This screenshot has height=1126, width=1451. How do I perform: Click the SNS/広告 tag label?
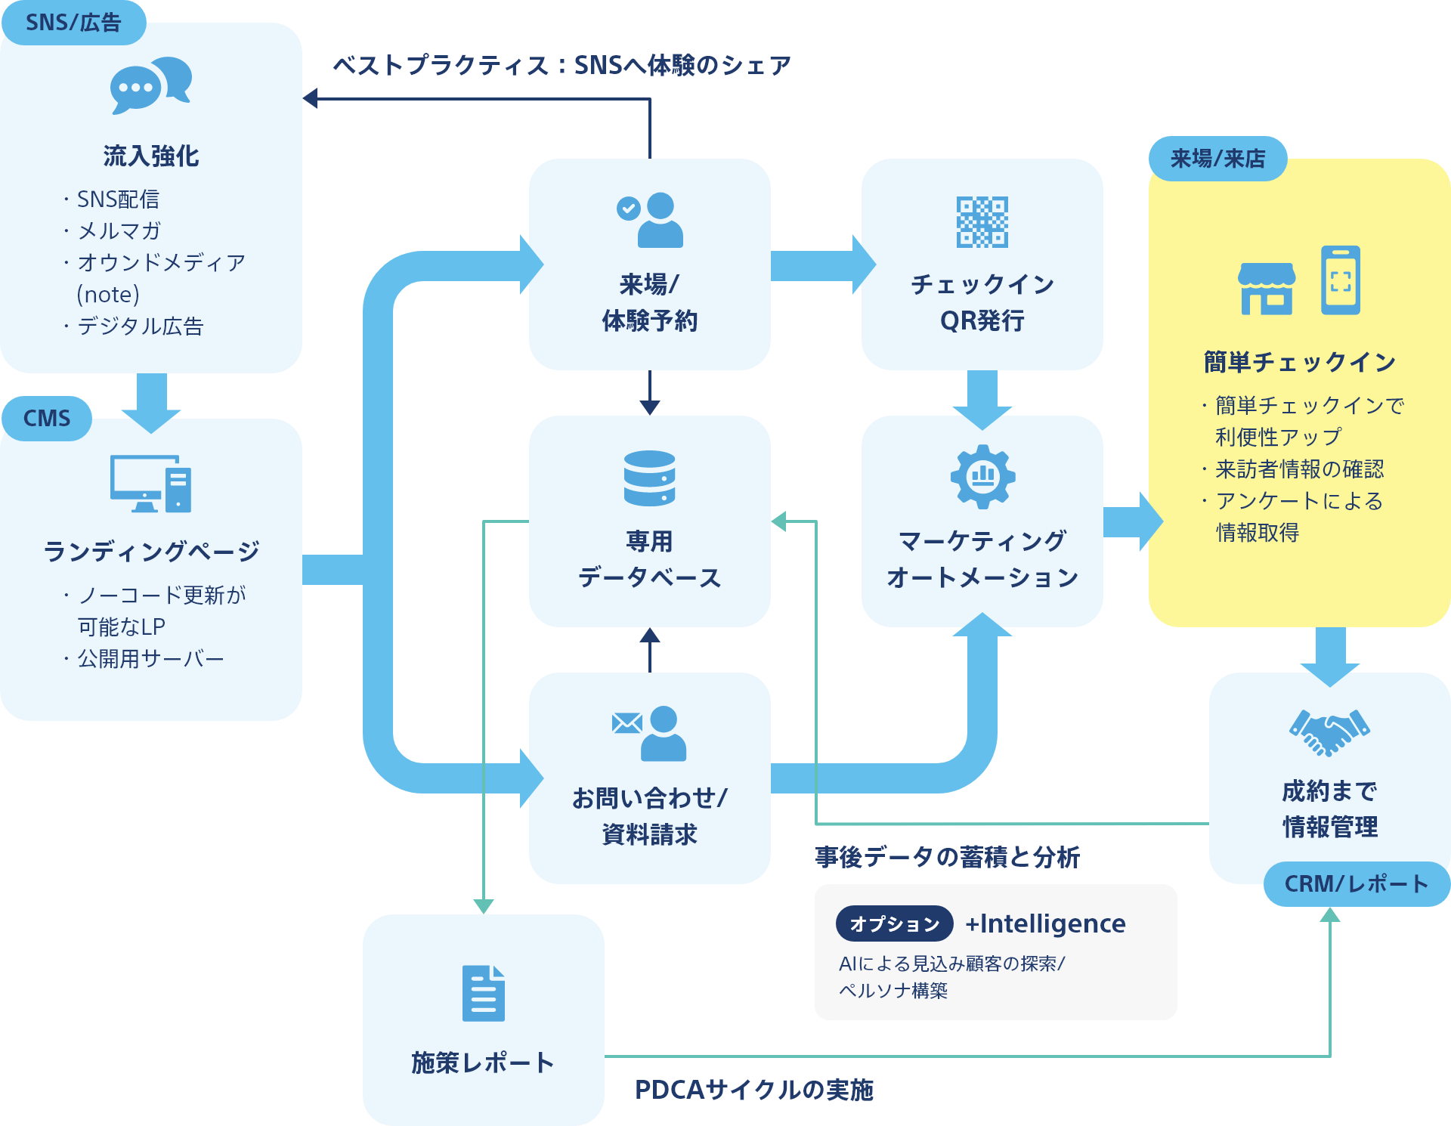coord(73,23)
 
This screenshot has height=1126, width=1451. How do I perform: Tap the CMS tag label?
coord(47,418)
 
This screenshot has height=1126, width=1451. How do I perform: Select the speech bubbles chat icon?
coord(150,85)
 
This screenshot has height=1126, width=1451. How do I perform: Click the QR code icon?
coord(982,222)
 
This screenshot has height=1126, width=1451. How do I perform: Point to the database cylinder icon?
coord(649,478)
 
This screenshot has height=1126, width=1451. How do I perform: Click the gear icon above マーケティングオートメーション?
coord(982,476)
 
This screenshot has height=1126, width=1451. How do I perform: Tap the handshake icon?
coord(1329,732)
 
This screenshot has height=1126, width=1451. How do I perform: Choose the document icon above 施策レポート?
coord(484,993)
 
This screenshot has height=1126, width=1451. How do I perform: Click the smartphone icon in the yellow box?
coord(1341,280)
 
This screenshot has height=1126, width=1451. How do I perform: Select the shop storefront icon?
coord(1267,289)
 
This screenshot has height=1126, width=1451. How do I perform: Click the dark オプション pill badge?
coord(894,923)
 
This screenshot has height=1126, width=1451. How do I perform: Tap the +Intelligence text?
coord(1045,923)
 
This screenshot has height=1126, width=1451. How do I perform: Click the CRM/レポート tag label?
coord(1356,883)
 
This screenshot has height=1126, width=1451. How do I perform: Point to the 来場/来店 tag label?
coord(1217,159)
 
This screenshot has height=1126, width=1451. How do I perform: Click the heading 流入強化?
coord(151,156)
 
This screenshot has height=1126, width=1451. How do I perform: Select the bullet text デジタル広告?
coord(141,326)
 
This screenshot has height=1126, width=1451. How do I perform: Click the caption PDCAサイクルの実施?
coord(753,1090)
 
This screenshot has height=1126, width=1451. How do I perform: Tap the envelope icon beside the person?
coord(626,723)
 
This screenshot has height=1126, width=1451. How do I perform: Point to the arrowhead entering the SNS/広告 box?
coord(310,98)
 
